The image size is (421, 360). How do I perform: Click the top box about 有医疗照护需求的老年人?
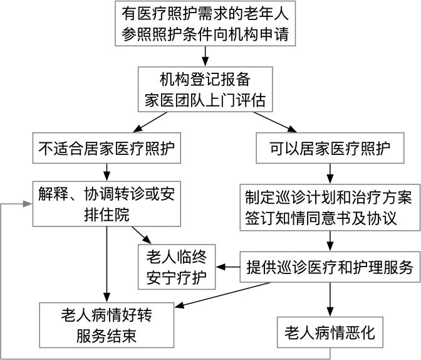pyautogui.click(x=205, y=23)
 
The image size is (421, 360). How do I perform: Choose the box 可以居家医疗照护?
pyautogui.click(x=330, y=149)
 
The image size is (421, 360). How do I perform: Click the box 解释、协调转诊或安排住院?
pyautogui.click(x=107, y=204)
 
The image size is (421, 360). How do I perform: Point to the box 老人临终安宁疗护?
pyautogui.click(x=176, y=267)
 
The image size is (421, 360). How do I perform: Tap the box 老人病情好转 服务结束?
pyautogui.click(x=107, y=325)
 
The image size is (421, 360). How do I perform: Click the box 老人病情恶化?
pyautogui.click(x=330, y=332)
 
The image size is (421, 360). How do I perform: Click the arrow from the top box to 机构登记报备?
pyautogui.click(x=205, y=55)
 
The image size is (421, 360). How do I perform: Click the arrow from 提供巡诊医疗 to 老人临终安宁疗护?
pyautogui.click(x=228, y=267)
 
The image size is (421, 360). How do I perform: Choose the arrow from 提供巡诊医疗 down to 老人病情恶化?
pyautogui.click(x=330, y=299)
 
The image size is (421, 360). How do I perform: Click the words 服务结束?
pyautogui.click(x=107, y=336)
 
